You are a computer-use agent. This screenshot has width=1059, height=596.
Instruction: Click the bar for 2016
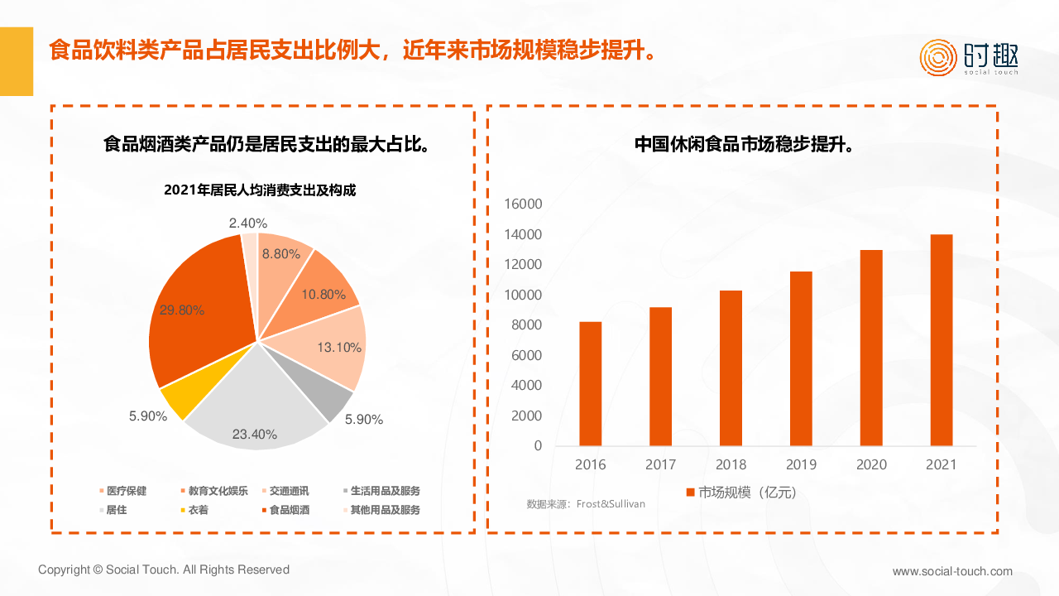click(590, 383)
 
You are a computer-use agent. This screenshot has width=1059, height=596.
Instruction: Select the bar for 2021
click(941, 340)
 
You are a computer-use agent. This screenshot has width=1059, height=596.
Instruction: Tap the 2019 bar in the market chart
click(801, 358)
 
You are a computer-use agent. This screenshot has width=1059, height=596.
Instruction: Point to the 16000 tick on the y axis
click(525, 204)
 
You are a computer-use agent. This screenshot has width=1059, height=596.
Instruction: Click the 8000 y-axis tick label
click(527, 325)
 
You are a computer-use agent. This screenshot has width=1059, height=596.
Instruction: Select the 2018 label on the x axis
click(731, 464)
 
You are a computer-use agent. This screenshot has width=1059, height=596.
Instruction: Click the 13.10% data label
click(339, 348)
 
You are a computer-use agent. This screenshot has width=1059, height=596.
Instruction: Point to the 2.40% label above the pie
click(248, 223)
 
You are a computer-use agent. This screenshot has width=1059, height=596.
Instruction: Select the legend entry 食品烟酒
click(289, 510)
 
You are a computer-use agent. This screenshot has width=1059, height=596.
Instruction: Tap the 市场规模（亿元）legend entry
click(740, 493)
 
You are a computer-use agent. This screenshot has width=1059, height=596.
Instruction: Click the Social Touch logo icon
click(938, 57)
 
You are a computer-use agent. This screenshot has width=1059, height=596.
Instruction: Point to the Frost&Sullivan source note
click(586, 503)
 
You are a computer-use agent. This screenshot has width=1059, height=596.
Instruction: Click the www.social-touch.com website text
click(952, 571)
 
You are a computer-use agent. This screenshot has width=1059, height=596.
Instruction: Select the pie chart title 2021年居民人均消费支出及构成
click(260, 190)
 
